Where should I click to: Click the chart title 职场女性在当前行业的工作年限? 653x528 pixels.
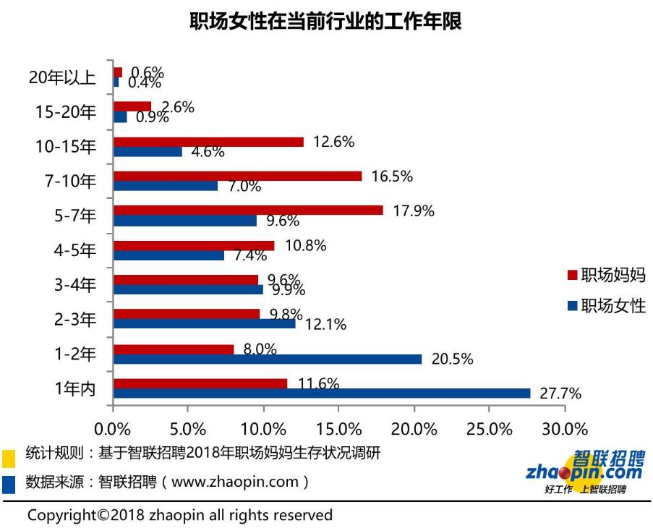325,21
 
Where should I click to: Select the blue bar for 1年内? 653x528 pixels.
322,393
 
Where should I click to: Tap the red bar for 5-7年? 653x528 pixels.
248,210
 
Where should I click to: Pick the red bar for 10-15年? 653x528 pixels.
208,142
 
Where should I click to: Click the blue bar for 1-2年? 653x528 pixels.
268,359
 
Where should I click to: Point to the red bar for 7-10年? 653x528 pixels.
237,176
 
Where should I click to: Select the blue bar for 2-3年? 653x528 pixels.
205,324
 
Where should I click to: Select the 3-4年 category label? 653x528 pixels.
74,284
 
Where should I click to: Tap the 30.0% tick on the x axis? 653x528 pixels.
565,428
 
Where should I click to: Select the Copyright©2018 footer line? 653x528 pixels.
180,515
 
